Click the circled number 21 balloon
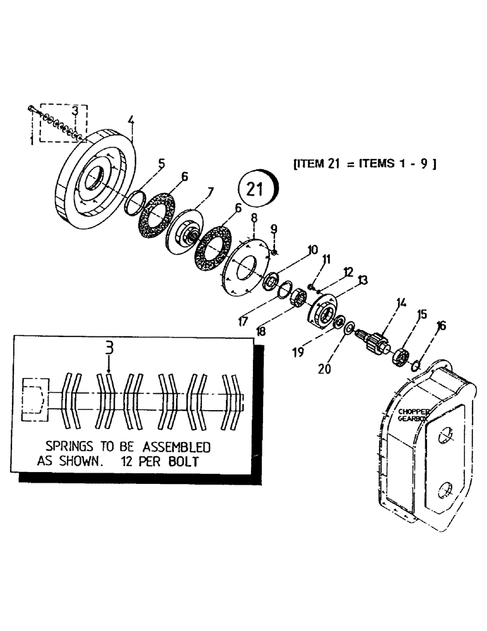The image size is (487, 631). pos(256,189)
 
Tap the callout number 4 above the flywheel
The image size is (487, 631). pos(131,120)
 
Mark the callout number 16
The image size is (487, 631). pos(441,326)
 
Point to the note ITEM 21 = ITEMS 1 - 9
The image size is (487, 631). pos(365,163)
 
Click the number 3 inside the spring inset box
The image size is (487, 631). pos(109,348)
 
